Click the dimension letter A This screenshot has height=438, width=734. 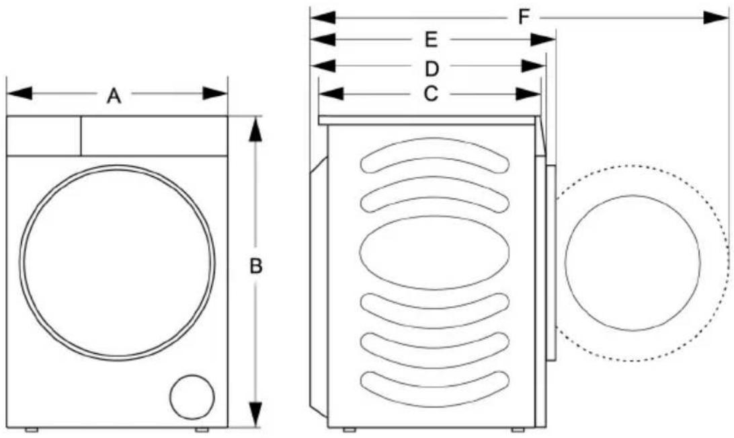point(114,96)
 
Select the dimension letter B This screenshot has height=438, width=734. point(255,266)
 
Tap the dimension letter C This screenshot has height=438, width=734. point(431,94)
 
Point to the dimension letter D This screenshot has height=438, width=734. point(432,69)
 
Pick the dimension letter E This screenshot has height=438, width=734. point(431,40)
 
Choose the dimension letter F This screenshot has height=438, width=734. point(524,17)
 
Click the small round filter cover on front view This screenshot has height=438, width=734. point(192,397)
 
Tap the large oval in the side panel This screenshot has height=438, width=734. point(434,252)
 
